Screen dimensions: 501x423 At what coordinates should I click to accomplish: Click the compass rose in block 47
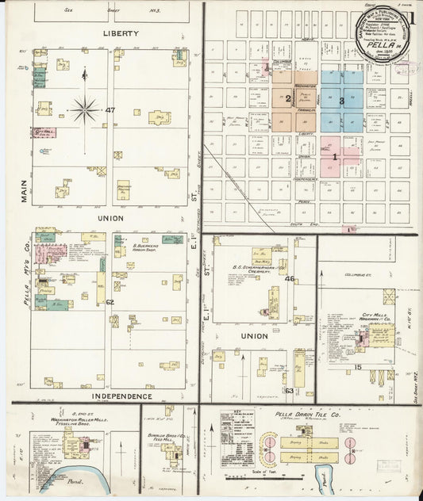(85, 109)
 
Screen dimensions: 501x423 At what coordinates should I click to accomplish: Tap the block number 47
(110, 110)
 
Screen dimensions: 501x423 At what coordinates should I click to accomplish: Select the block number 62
(110, 302)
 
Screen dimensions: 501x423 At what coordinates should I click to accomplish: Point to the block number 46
(290, 278)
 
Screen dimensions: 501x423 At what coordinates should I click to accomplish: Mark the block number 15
(358, 366)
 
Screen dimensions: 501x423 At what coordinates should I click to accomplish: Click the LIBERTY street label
(121, 33)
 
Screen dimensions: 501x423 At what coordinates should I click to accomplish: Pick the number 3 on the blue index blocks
(342, 101)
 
